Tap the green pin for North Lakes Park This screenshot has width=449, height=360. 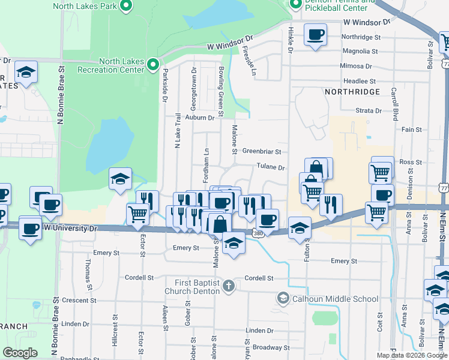click(126, 7)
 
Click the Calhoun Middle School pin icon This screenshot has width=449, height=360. click(283, 298)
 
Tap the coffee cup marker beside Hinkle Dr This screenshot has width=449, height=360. click(315, 35)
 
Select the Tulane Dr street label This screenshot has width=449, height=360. click(271, 168)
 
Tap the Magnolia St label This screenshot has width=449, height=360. click(361, 52)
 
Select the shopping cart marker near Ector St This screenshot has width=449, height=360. click(138, 213)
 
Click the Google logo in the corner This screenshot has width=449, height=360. click(20, 352)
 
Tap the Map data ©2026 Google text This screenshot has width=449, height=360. click(412, 355)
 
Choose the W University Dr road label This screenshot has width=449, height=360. click(70, 229)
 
